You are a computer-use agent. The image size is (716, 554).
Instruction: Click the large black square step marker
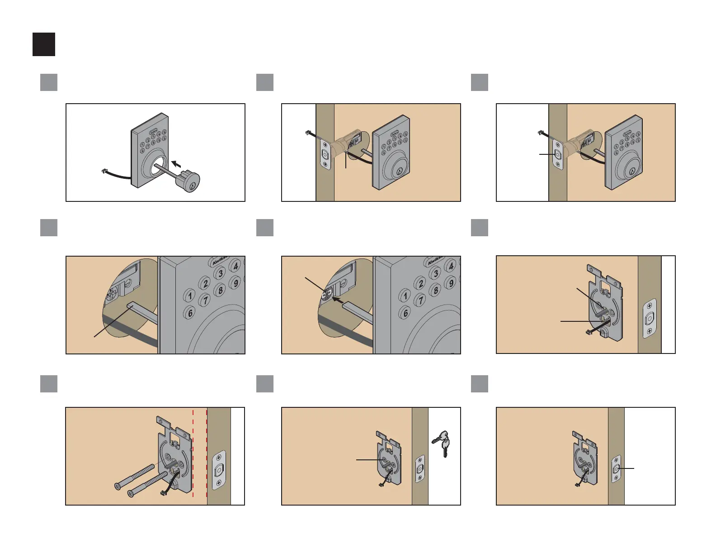coord(44,44)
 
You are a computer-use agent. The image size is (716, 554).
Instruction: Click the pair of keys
coord(442,443)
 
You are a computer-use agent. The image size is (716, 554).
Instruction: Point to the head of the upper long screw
coord(118,487)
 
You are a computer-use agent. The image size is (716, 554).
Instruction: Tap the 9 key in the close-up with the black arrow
coord(450,283)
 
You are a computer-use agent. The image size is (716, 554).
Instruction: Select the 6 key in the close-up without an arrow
coord(190,313)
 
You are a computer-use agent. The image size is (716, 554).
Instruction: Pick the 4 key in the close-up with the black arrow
coord(451,266)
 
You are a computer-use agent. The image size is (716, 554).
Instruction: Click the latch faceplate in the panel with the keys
coord(420,469)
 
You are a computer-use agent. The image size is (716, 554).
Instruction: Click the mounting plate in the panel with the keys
coord(389,457)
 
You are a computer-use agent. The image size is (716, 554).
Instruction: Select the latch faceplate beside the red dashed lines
coord(219,470)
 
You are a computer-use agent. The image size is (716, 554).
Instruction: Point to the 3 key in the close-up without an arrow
coord(220,273)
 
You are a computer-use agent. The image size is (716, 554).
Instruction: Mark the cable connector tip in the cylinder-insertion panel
coord(103,172)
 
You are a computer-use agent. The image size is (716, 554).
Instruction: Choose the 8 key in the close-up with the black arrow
coord(435,290)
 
